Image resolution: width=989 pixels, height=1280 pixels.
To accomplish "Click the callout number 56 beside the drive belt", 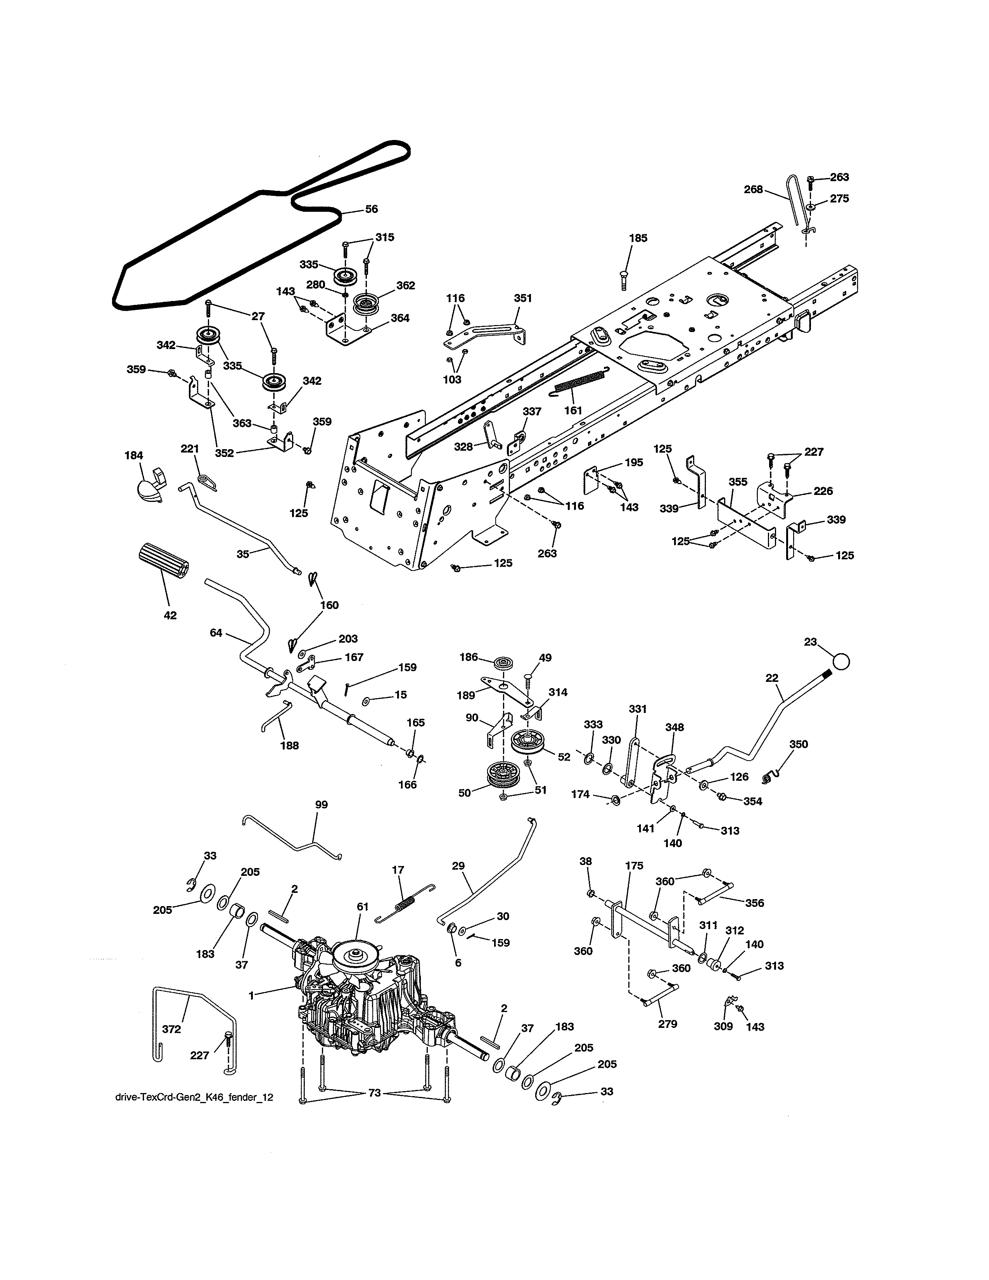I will click(x=372, y=209).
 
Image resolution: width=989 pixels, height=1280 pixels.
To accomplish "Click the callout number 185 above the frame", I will click(x=638, y=238).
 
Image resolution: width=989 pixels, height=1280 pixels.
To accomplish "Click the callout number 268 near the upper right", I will click(x=754, y=189).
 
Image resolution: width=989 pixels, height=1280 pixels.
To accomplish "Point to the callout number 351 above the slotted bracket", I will click(x=523, y=298).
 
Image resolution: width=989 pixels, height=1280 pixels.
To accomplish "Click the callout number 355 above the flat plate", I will click(x=738, y=482).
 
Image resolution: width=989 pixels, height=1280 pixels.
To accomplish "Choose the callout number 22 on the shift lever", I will click(x=772, y=678).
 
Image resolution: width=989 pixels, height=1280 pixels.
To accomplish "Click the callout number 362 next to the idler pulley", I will click(x=405, y=285).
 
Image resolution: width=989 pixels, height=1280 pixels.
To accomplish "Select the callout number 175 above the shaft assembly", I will click(x=634, y=865).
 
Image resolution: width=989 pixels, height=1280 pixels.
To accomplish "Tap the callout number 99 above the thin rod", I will click(x=321, y=805).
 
